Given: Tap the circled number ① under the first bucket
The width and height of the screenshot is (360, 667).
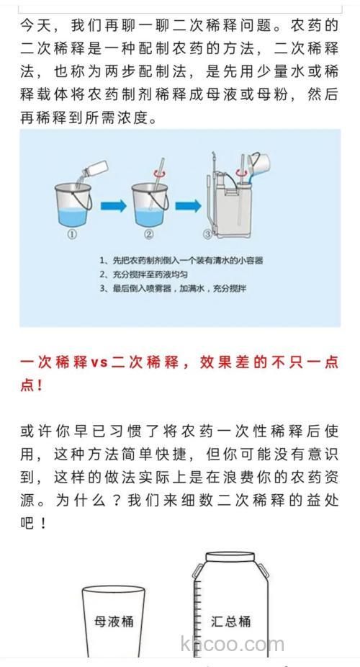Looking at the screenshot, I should [x=71, y=234].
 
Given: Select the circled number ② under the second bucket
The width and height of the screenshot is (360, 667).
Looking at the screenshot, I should [x=149, y=234].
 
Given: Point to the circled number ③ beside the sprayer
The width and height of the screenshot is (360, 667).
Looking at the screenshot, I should [x=207, y=234].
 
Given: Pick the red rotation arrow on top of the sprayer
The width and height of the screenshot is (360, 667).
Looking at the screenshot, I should [x=222, y=171].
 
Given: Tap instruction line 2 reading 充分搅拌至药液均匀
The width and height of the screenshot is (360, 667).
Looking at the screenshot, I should [x=148, y=274].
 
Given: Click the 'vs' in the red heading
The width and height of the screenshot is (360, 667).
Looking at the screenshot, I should [x=99, y=362].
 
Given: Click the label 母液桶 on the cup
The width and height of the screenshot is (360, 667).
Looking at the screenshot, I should [x=114, y=621].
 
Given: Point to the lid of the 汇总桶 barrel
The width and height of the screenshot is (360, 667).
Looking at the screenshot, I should [x=233, y=558].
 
